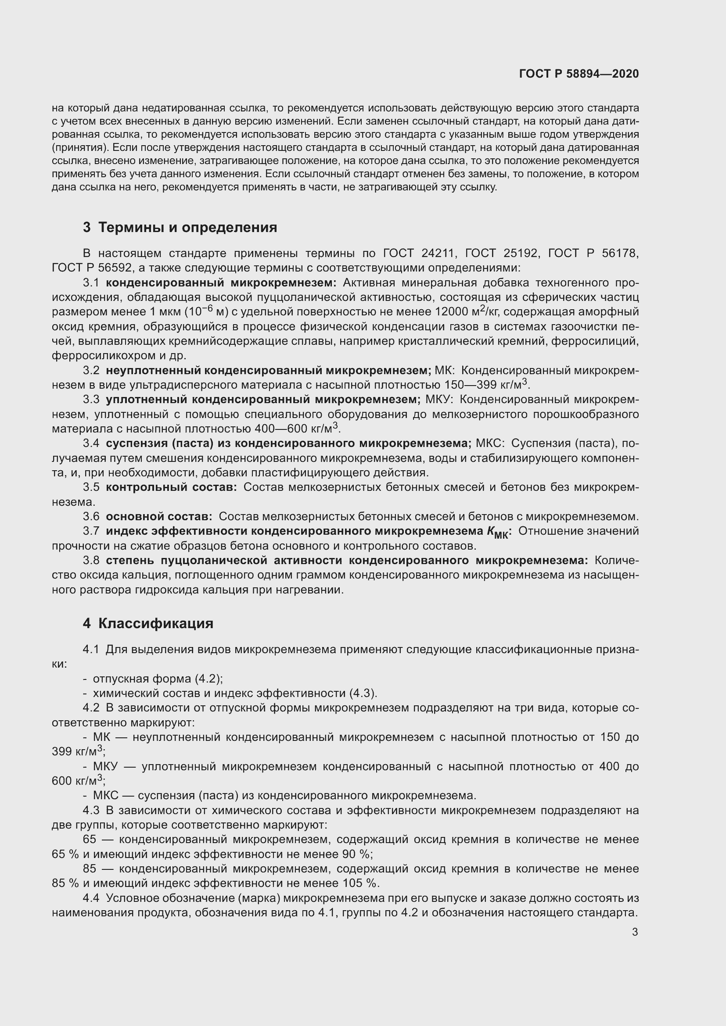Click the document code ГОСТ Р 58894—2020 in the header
click(x=579, y=74)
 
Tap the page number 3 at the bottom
click(x=635, y=932)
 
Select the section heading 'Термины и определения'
click(x=187, y=228)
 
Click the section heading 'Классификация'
click(x=155, y=623)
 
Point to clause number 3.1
click(x=91, y=283)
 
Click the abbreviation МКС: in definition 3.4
click(x=490, y=443)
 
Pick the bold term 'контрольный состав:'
click(x=171, y=487)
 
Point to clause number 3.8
click(x=91, y=560)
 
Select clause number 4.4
click(x=91, y=898)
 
